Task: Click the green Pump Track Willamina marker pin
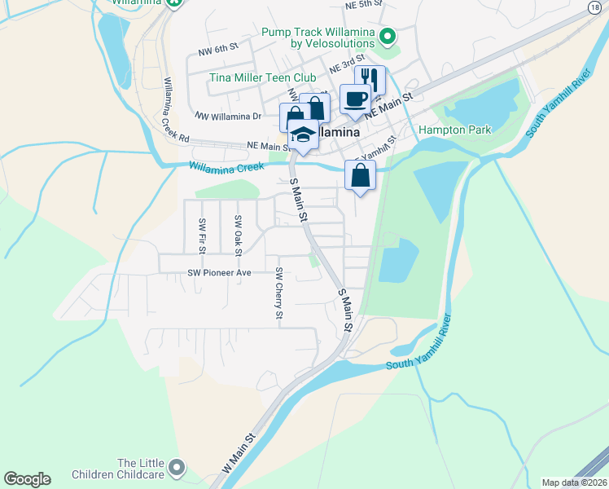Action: pyautogui.click(x=388, y=36)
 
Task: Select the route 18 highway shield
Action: pyautogui.click(x=595, y=7)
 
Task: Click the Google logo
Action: pyautogui.click(x=27, y=479)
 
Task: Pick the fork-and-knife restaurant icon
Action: pyautogui.click(x=370, y=80)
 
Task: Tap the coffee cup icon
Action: pyautogui.click(x=354, y=99)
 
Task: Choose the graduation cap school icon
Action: pyautogui.click(x=303, y=134)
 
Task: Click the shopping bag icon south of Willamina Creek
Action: pyautogui.click(x=360, y=175)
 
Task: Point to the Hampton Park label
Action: pyautogui.click(x=454, y=130)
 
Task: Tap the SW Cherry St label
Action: pyautogui.click(x=279, y=293)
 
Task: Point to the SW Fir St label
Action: pyautogui.click(x=201, y=234)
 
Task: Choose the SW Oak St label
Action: pyautogui.click(x=238, y=234)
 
